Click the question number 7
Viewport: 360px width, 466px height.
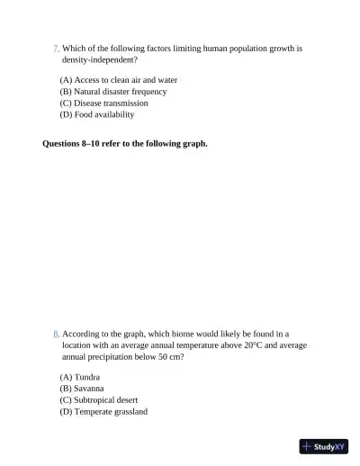coord(56,48)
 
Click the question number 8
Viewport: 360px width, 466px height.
coord(56,333)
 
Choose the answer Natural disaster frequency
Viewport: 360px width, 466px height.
coord(112,92)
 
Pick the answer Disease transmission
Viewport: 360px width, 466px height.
coord(103,103)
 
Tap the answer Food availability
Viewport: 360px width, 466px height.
coord(96,115)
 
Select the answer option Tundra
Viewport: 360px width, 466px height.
coord(79,377)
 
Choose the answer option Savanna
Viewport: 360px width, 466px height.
coord(81,389)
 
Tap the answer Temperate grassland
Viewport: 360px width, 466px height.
coord(103,412)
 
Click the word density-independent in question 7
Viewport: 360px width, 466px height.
coord(99,59)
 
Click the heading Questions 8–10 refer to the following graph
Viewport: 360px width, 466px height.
coord(125,143)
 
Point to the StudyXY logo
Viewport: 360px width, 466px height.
coord(323,446)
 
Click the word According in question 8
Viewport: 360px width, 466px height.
coord(82,333)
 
